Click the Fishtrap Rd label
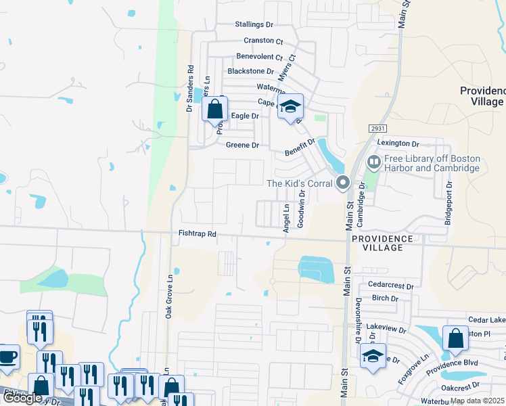tap(197, 233)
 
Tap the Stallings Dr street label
tap(254, 24)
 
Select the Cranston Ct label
tap(263, 41)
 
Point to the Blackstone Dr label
tap(251, 71)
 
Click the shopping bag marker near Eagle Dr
tap(214, 109)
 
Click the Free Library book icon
tap(373, 162)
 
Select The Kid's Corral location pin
tap(342, 183)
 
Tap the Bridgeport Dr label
tap(447, 202)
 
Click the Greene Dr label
tap(242, 145)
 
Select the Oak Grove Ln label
tap(169, 296)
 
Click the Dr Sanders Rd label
tap(190, 88)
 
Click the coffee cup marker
tap(7, 356)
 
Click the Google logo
tap(22, 398)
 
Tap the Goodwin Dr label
tap(302, 207)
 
